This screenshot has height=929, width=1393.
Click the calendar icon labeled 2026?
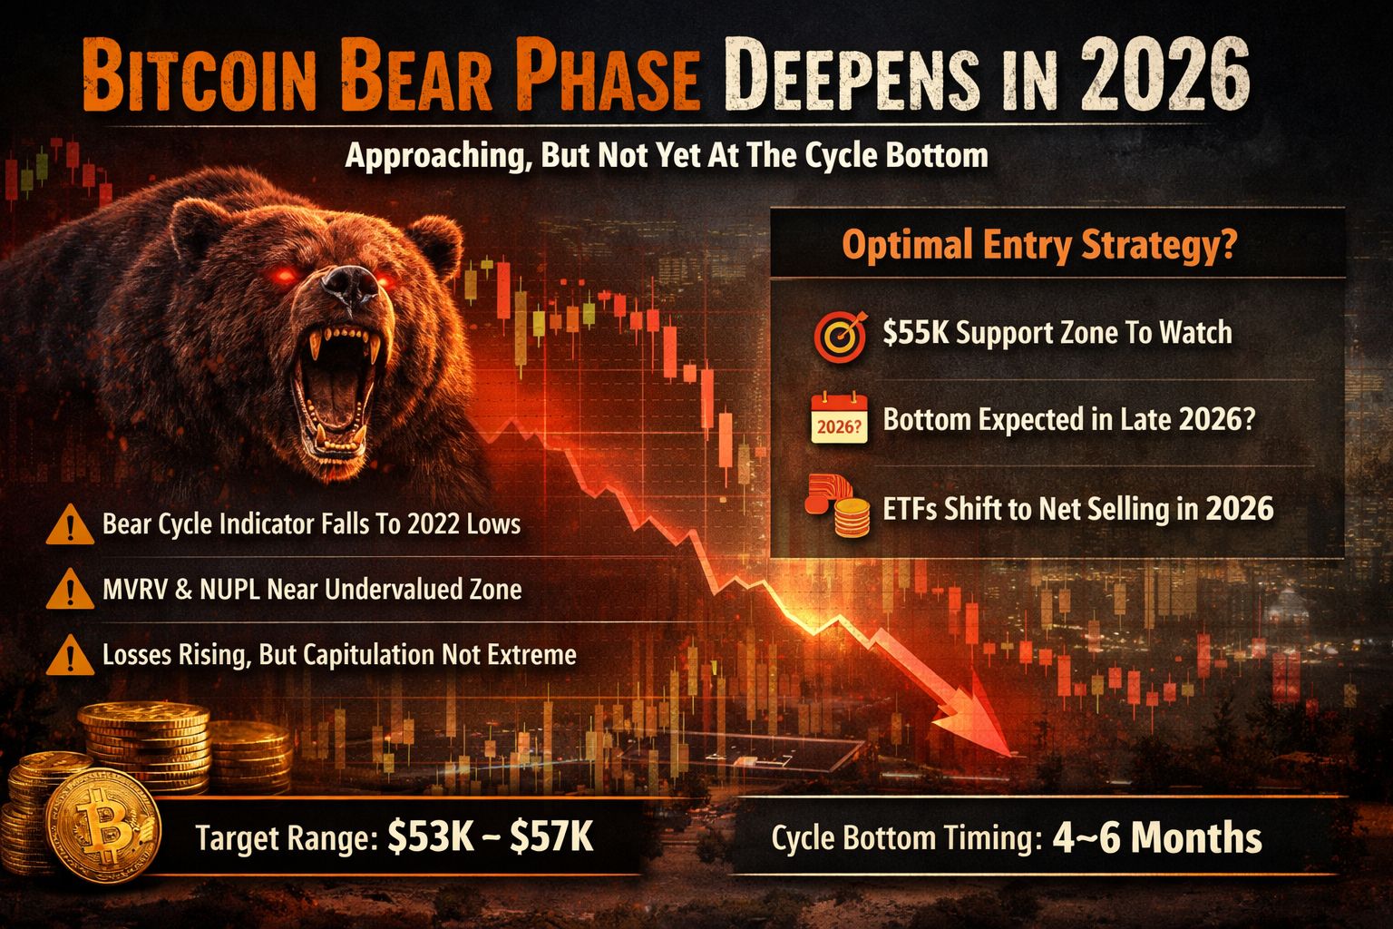pos(839,418)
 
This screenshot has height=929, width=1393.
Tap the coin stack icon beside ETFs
pos(838,505)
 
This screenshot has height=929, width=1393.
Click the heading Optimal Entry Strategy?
pos(1039,246)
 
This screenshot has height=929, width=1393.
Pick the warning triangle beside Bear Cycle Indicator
pos(70,526)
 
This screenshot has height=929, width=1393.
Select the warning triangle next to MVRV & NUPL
pos(70,590)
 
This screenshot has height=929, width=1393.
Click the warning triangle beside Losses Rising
pos(70,655)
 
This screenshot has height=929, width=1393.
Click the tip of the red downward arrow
pos(1011,756)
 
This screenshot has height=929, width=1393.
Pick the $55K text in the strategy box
pos(916,333)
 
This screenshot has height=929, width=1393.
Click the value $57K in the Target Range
pos(551,836)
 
